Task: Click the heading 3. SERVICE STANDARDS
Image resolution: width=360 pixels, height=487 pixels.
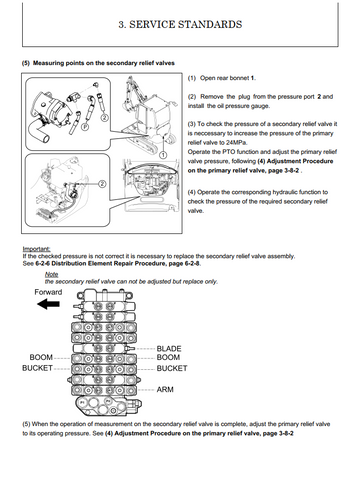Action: click(x=180, y=24)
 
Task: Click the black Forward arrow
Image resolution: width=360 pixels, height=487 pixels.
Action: click(x=48, y=304)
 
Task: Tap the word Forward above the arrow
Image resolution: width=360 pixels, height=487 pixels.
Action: click(x=48, y=292)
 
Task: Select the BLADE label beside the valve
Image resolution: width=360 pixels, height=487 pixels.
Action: click(x=169, y=349)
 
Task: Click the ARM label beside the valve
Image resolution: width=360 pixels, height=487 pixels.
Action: click(x=165, y=389)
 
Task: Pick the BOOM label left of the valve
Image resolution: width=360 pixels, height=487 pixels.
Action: click(x=41, y=357)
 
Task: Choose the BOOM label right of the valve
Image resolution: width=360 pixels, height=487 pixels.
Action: click(x=168, y=357)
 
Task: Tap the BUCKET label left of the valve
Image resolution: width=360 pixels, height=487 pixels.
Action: click(x=37, y=368)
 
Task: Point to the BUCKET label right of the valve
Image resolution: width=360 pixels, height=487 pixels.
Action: click(x=172, y=368)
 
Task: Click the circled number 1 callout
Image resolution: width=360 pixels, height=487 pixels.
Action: click(x=163, y=155)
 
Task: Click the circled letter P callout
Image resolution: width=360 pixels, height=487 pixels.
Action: click(x=85, y=127)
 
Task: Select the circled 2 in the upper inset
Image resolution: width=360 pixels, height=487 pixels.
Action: click(x=104, y=117)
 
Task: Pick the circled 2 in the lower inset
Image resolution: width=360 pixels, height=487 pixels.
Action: click(x=102, y=184)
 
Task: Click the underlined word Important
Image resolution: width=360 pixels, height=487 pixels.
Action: click(x=36, y=249)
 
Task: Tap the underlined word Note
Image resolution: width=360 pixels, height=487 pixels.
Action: click(x=51, y=274)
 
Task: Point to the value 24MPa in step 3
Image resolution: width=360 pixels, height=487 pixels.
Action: click(x=237, y=143)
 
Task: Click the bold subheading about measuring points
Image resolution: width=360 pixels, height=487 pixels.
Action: click(x=98, y=63)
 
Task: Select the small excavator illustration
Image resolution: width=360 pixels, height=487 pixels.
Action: click(x=147, y=115)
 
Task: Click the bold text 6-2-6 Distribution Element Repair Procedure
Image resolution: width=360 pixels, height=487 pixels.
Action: click(x=118, y=263)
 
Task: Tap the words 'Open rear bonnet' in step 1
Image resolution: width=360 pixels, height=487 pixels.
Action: click(x=224, y=78)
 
